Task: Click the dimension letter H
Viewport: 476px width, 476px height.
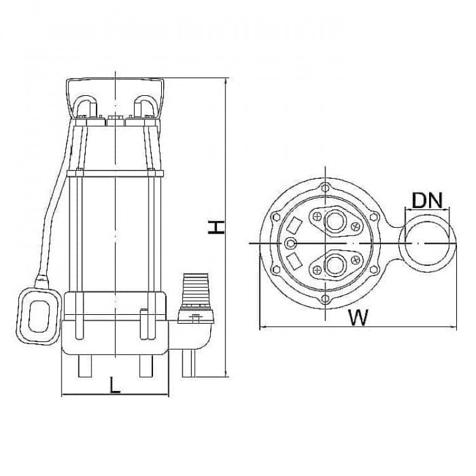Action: point(216,227)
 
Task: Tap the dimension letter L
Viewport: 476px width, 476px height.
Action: point(114,386)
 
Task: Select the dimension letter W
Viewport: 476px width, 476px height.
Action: point(358,317)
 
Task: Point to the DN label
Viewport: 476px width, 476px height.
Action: point(427,201)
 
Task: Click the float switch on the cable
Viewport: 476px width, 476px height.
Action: point(39,316)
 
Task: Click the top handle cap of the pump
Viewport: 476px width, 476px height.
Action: point(115,98)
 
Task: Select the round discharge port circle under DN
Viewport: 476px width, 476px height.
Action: point(427,243)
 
